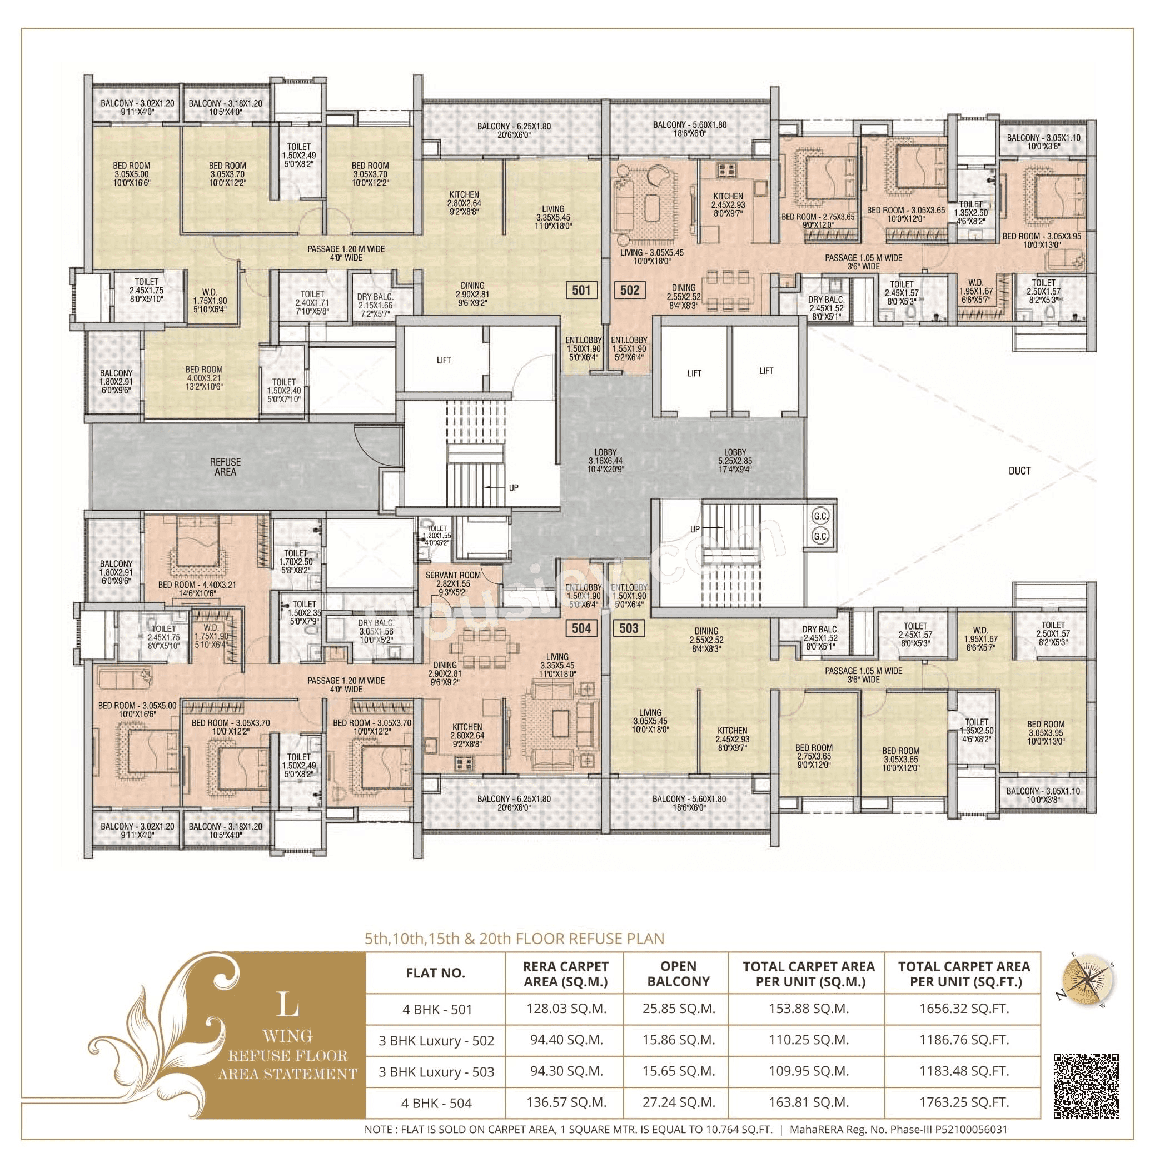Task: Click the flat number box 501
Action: point(580,290)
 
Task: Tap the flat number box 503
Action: point(628,628)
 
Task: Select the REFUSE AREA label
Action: point(225,467)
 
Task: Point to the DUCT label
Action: point(1019,471)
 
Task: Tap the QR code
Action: point(1086,1086)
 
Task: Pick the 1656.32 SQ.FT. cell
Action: point(963,1009)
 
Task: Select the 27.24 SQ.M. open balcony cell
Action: point(678,1102)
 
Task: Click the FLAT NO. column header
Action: point(435,974)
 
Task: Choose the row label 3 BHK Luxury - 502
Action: point(436,1040)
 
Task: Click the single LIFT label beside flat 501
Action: point(444,360)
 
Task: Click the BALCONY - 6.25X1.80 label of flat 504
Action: point(514,803)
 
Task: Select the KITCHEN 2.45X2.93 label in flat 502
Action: point(728,204)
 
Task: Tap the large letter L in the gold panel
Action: point(288,1004)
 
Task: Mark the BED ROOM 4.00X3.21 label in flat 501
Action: point(203,378)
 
